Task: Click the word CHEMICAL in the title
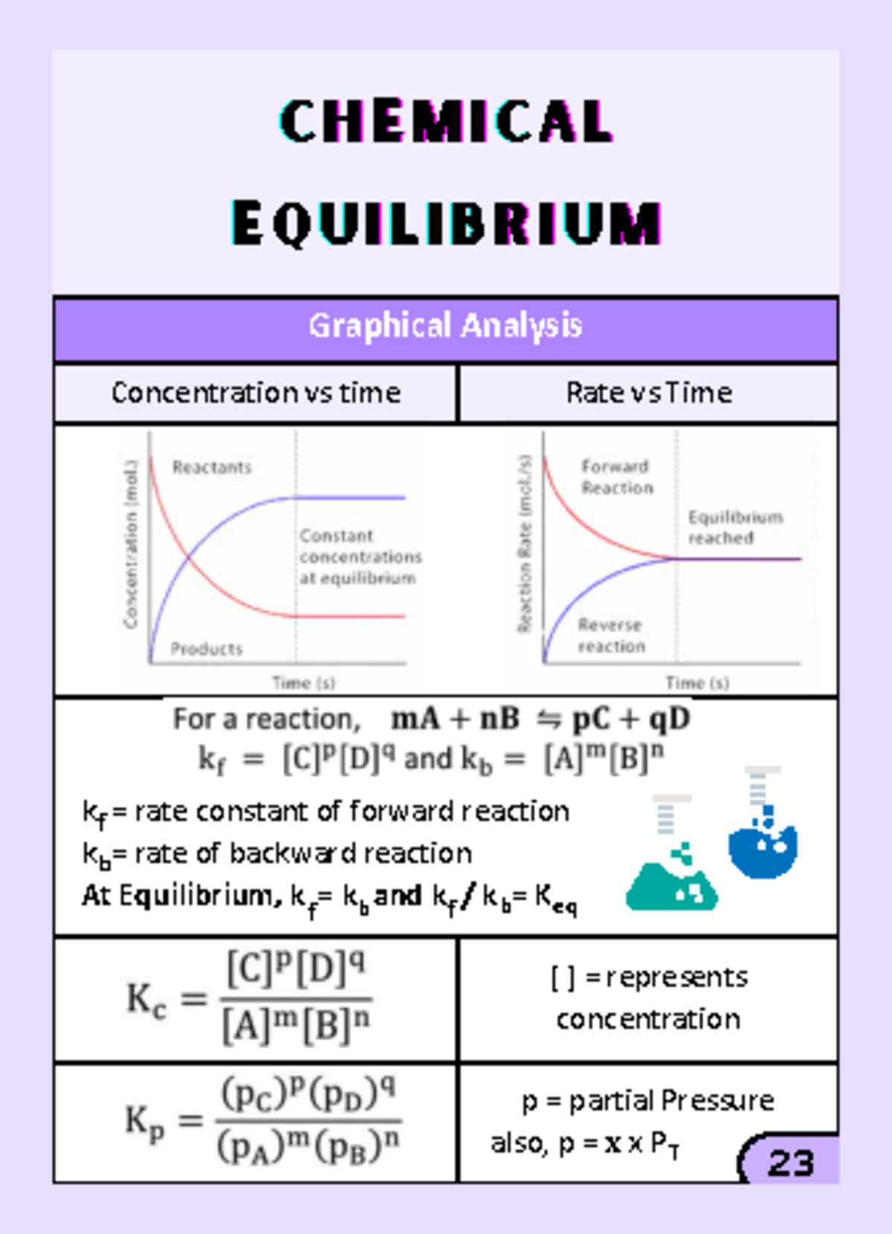pyautogui.click(x=446, y=120)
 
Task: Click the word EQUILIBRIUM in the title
pyautogui.click(x=446, y=222)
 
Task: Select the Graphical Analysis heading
pyautogui.click(x=445, y=326)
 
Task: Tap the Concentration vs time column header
pyautogui.click(x=256, y=393)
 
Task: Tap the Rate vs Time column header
pyautogui.click(x=649, y=393)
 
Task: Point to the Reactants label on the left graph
pyautogui.click(x=212, y=467)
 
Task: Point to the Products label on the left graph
pyautogui.click(x=207, y=649)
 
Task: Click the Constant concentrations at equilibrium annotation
pyautogui.click(x=360, y=557)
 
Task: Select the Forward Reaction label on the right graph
pyautogui.click(x=616, y=477)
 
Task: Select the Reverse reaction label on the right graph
pyautogui.click(x=612, y=636)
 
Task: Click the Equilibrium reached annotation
pyautogui.click(x=734, y=527)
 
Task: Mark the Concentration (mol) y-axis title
pyautogui.click(x=131, y=543)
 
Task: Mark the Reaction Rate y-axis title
pyautogui.click(x=525, y=543)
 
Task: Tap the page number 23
pyautogui.click(x=791, y=1163)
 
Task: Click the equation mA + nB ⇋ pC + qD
pyautogui.click(x=540, y=719)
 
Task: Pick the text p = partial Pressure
pyautogui.click(x=647, y=1100)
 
